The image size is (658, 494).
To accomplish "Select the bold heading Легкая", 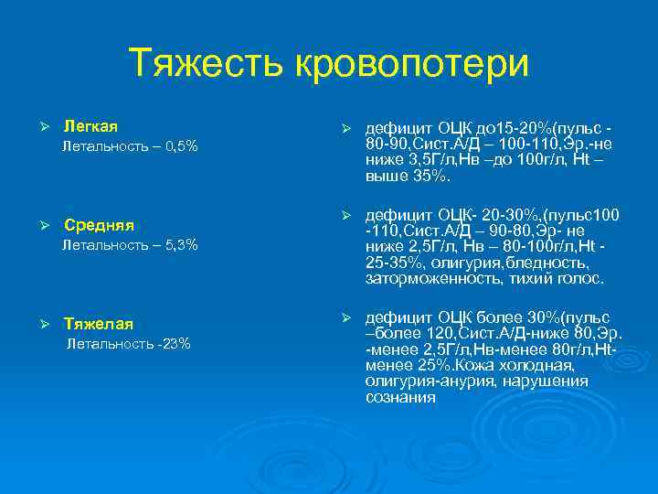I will click(90, 125).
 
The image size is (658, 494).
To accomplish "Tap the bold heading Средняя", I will click(99, 225).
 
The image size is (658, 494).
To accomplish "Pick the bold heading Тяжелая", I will click(98, 324).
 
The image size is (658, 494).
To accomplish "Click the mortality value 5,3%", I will click(179, 245).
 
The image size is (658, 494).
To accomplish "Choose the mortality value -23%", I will click(172, 344).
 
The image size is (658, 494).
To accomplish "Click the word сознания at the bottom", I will click(400, 398).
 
